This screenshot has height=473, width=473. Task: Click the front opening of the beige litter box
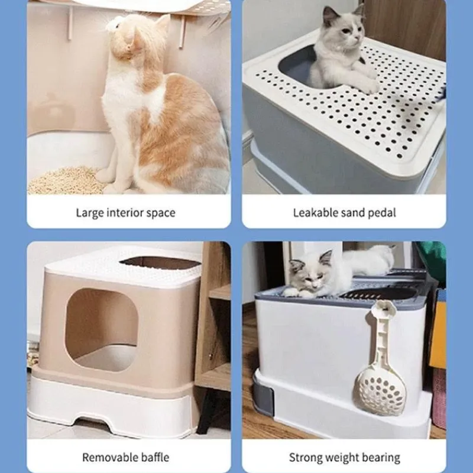click(x=102, y=329)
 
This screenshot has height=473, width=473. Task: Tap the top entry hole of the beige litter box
click(x=160, y=263)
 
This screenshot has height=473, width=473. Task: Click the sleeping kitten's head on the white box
click(x=311, y=272)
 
